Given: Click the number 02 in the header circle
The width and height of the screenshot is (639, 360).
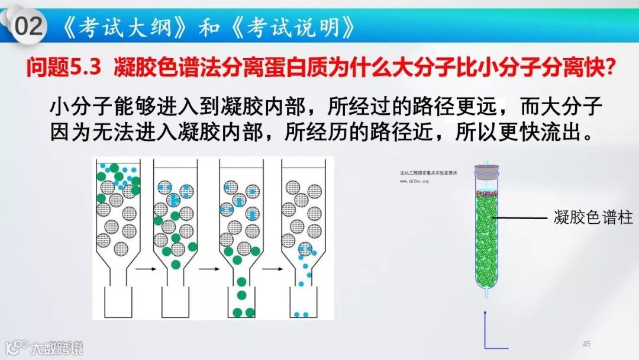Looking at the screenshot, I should pos(29,26).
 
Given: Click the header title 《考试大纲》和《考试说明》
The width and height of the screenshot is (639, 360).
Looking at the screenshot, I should pos(209,27).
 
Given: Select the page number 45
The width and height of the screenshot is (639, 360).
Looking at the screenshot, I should pos(586,343).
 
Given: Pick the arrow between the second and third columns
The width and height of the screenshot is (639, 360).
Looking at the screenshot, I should pos(208,269).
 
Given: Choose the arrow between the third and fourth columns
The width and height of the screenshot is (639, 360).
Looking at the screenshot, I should pos(272,269).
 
